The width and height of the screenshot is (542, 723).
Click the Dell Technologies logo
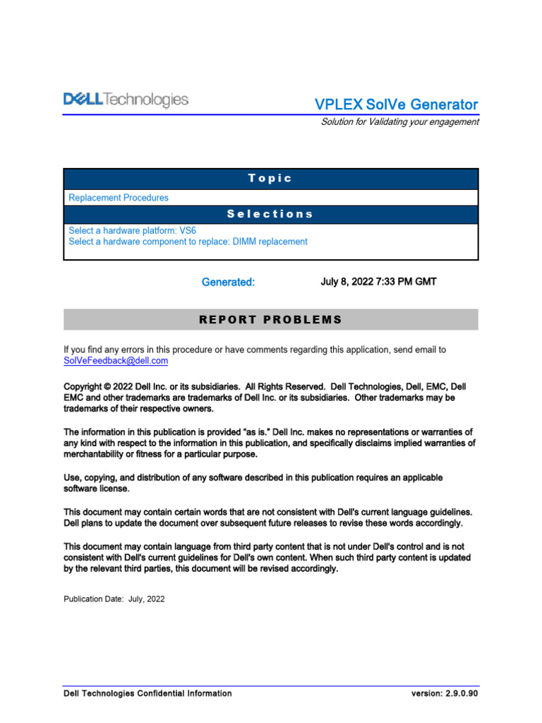click(x=126, y=100)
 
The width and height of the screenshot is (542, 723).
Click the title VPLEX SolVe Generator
click(x=396, y=104)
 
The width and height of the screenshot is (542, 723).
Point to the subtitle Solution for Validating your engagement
click(x=399, y=121)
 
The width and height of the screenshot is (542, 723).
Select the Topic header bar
click(x=270, y=179)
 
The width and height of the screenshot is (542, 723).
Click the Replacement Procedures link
click(x=119, y=198)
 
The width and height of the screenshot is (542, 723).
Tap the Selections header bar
click(x=270, y=214)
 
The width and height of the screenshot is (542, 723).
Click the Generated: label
click(x=228, y=282)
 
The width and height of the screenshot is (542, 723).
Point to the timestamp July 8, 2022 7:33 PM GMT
click(x=378, y=282)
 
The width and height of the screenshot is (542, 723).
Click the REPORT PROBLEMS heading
click(x=270, y=320)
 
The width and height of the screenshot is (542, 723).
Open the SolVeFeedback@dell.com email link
click(x=116, y=361)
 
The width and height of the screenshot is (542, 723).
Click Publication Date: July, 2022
click(x=114, y=599)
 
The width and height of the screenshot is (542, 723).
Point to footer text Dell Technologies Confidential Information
click(x=147, y=693)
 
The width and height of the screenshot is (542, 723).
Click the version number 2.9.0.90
click(x=462, y=693)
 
